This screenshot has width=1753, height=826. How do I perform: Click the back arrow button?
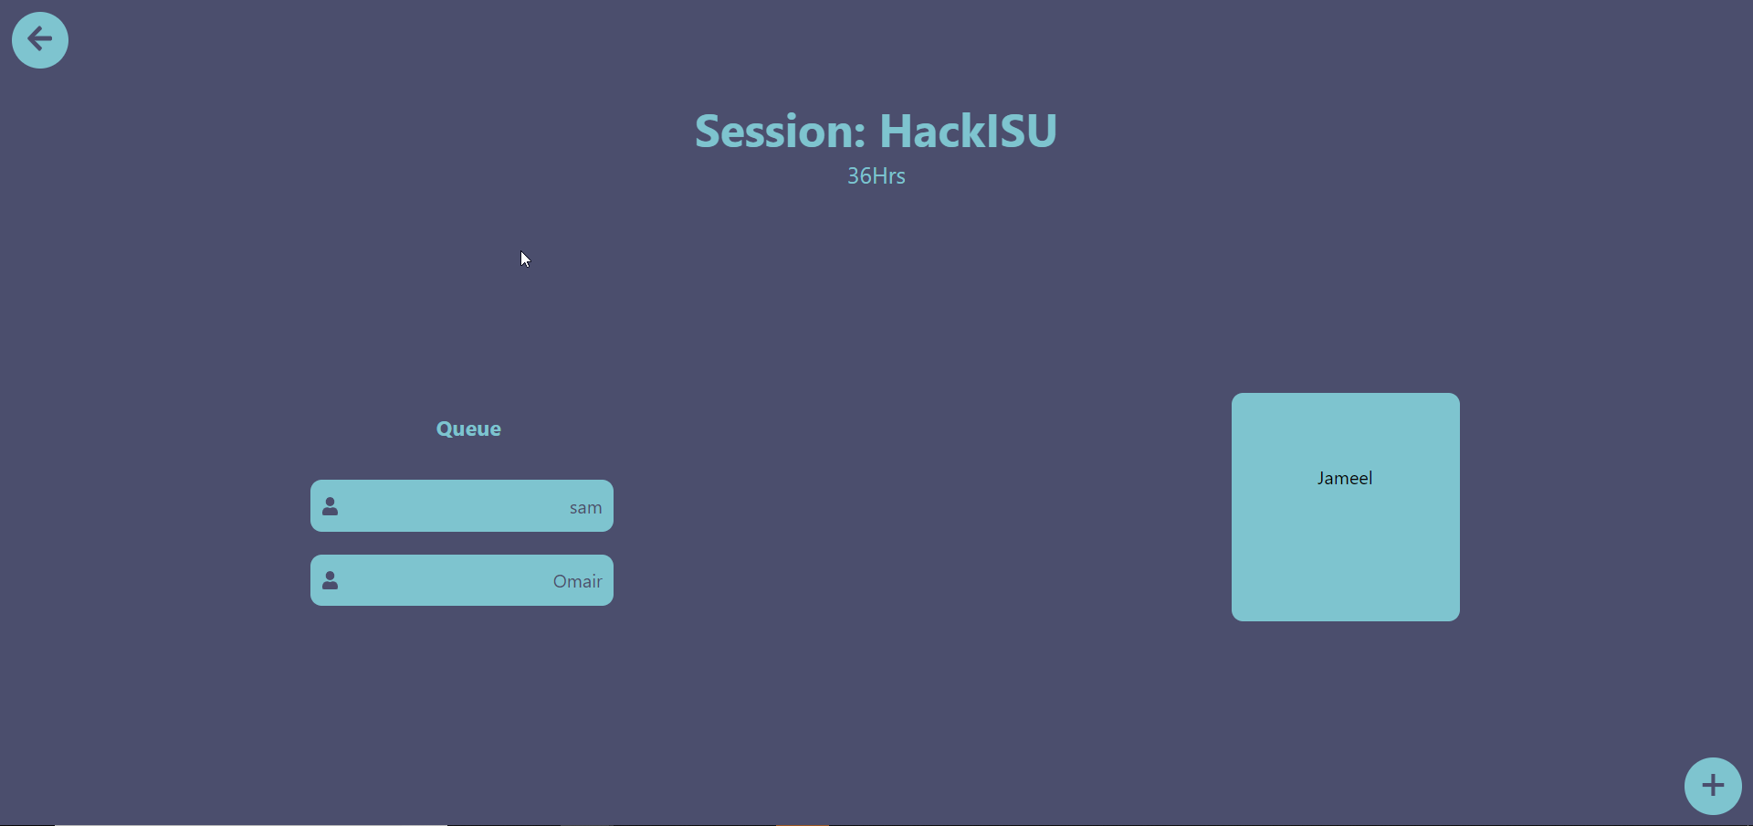40,40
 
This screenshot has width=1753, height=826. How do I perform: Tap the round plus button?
1713,786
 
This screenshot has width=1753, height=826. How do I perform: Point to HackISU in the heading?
968,132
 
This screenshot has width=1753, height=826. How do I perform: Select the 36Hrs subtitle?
876,176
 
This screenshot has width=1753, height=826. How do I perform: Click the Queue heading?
468,429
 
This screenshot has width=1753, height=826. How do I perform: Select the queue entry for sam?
462,505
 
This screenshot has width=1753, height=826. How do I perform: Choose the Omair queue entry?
462,580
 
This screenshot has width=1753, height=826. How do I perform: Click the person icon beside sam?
331,506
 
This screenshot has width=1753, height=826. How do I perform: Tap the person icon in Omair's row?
331,580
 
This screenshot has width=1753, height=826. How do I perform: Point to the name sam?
585,508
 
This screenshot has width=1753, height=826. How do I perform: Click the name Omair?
577,581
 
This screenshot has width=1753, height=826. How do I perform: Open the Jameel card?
1346,507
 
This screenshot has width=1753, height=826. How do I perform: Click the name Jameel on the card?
1345,478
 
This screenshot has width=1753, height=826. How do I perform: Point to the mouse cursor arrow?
525,259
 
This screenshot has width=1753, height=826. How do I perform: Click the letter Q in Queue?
445,429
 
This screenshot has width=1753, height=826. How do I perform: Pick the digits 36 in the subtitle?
859,176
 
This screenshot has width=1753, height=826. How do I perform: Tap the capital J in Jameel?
1321,479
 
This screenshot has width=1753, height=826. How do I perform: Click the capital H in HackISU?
897,132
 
